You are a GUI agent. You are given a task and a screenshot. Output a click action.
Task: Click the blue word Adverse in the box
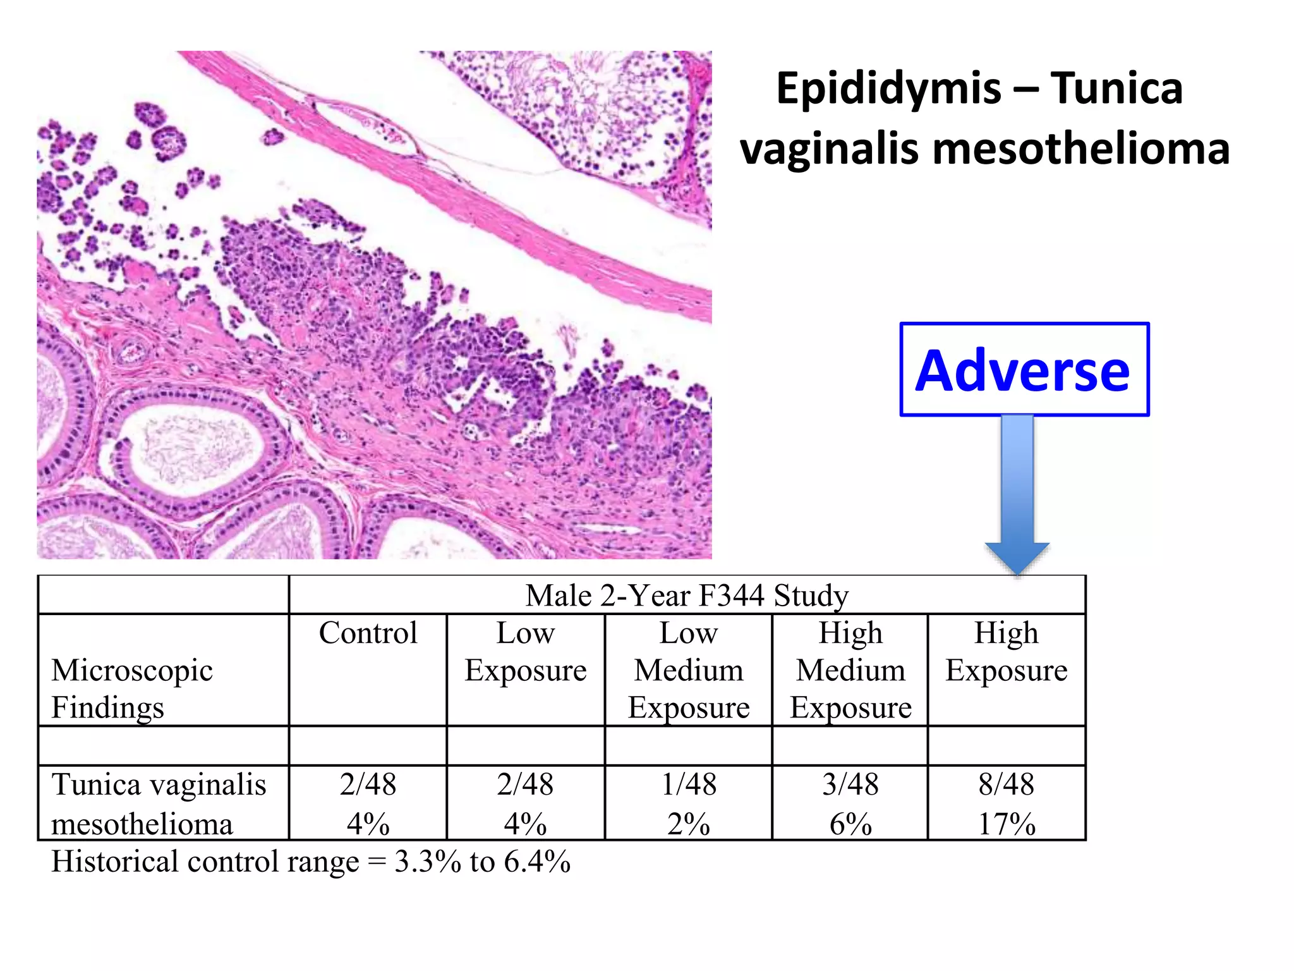coord(1023,371)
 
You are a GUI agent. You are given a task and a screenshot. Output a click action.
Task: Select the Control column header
coord(368,633)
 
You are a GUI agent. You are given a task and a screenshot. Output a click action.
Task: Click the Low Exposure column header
coord(526,652)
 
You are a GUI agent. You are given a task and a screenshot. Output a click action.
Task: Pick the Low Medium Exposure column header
coord(689,670)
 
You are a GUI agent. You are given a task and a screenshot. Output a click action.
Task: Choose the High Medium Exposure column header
coord(850,670)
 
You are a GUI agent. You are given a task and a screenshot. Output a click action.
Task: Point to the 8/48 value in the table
coord(1007,785)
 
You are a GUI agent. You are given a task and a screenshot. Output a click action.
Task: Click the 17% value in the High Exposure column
coord(1007,824)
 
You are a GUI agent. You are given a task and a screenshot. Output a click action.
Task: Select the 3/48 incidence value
coord(850,785)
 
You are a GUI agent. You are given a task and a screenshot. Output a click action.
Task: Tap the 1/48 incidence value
coord(689,785)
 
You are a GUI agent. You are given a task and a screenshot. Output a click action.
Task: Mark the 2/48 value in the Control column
coord(368,785)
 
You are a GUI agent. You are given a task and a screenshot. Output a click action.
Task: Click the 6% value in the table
coord(850,824)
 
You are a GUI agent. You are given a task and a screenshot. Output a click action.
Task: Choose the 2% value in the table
coord(689,824)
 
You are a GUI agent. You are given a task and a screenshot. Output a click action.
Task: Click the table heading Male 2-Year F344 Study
coord(687,595)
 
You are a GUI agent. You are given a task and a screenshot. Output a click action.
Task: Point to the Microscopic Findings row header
coord(132,688)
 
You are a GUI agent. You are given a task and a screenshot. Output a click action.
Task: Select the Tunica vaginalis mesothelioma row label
coord(158,803)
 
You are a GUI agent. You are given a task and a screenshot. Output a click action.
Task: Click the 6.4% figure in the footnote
coord(537,862)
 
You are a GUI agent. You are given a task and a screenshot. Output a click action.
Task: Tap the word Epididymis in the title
coord(888,89)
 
